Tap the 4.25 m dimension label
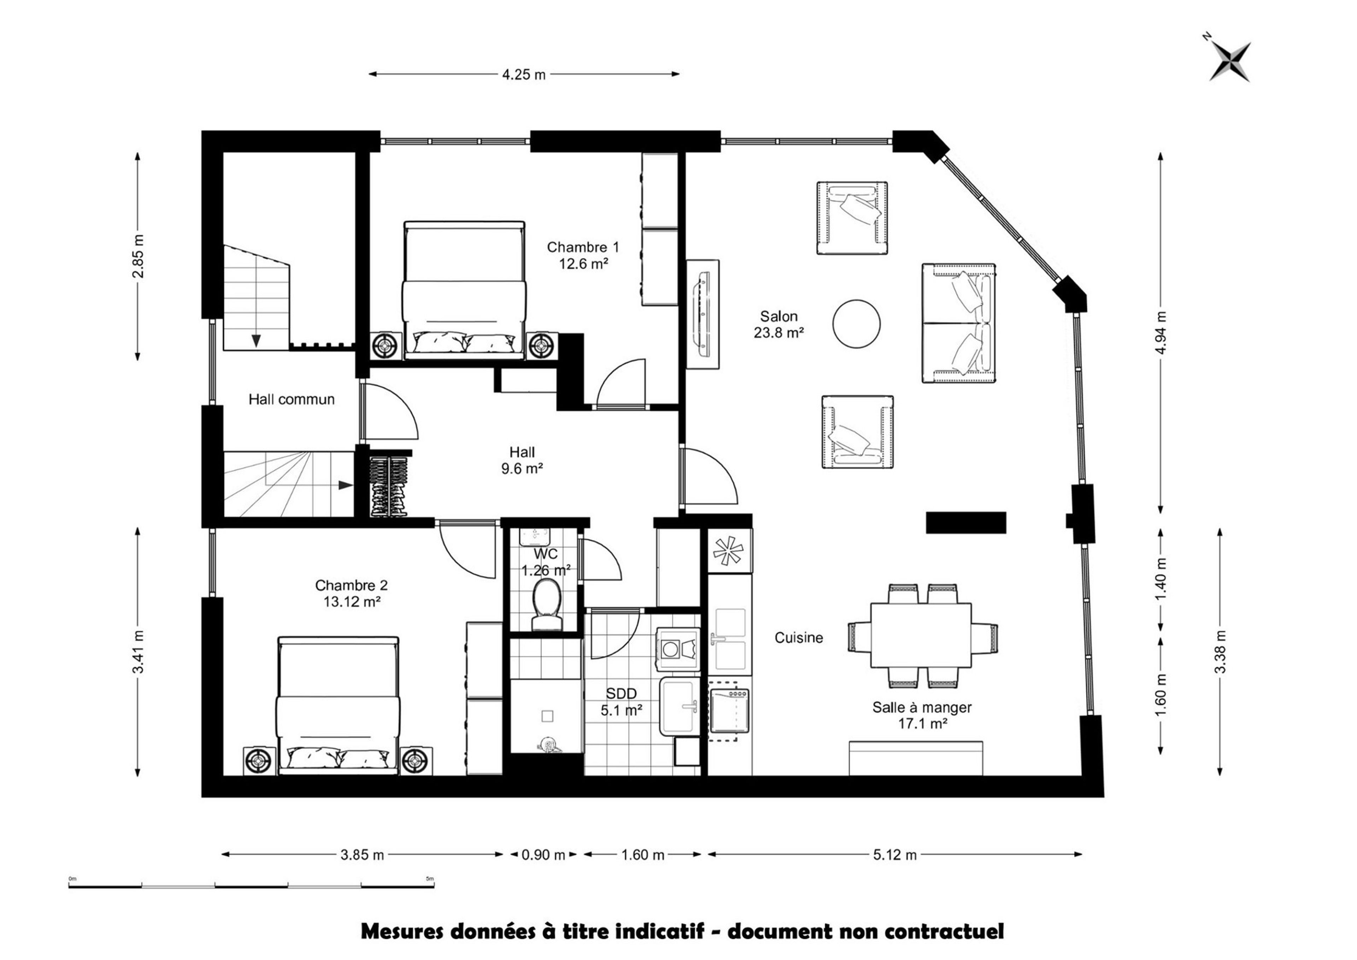[524, 75]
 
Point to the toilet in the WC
[547, 605]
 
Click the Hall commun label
[292, 400]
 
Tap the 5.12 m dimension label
[895, 855]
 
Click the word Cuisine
[799, 638]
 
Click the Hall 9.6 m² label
[522, 460]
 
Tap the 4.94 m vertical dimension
[1161, 332]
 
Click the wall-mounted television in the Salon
[703, 314]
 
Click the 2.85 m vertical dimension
[138, 256]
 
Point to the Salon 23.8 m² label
[779, 324]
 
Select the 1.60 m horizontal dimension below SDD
[643, 855]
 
